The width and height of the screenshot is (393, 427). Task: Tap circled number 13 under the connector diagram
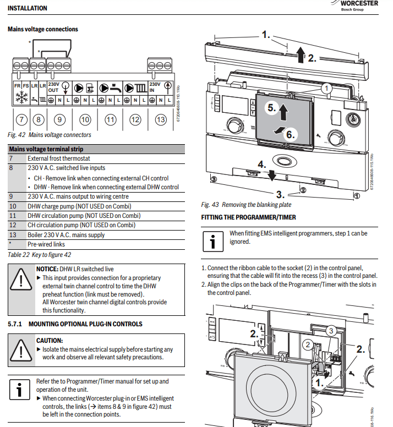click(160, 119)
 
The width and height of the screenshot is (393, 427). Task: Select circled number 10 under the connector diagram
click(85, 119)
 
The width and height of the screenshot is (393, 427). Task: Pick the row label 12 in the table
click(13, 225)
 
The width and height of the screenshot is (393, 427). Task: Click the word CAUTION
click(49, 341)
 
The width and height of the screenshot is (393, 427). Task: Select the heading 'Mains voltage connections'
click(43, 29)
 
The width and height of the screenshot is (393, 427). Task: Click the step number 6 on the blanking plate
click(290, 134)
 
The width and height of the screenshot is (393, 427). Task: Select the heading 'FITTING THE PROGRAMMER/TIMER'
click(248, 217)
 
